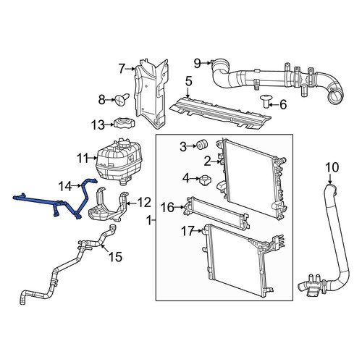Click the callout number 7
click(x=122, y=69)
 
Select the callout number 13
click(x=98, y=125)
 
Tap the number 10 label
click(x=332, y=167)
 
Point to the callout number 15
click(x=115, y=257)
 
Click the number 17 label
click(x=188, y=231)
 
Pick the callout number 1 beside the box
click(x=149, y=220)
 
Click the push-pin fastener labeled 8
click(x=122, y=99)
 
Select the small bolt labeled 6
click(x=266, y=101)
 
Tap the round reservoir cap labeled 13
click(x=124, y=123)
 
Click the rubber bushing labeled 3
click(x=202, y=145)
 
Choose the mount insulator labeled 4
click(x=206, y=180)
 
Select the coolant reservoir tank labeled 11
click(x=119, y=161)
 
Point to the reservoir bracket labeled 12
click(x=109, y=208)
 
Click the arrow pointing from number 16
click(x=179, y=207)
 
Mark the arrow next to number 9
click(x=206, y=63)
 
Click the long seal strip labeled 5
click(x=220, y=113)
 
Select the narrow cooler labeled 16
click(x=216, y=213)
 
